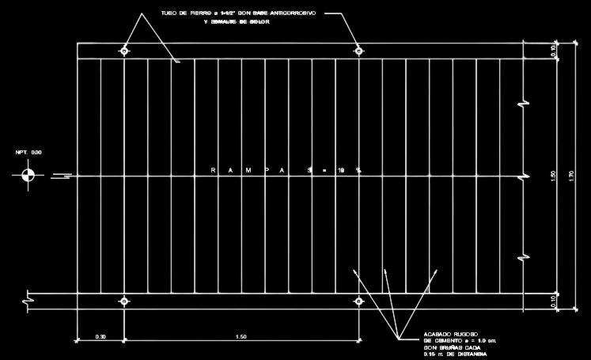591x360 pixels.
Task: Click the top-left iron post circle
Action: click(124, 51)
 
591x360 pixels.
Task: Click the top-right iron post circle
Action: click(358, 51)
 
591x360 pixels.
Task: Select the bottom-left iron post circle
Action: click(124, 301)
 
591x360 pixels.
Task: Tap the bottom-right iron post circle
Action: click(358, 301)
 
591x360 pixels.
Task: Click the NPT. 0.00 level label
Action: click(28, 152)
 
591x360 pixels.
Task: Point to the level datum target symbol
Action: click(28, 175)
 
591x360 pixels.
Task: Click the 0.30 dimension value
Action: click(100, 336)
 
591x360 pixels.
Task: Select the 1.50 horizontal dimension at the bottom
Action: click(241, 336)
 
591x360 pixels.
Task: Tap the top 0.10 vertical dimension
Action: click(552, 51)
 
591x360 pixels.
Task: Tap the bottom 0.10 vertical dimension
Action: click(552, 301)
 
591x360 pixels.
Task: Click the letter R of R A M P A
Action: click(215, 170)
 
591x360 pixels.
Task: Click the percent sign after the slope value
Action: click(358, 170)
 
